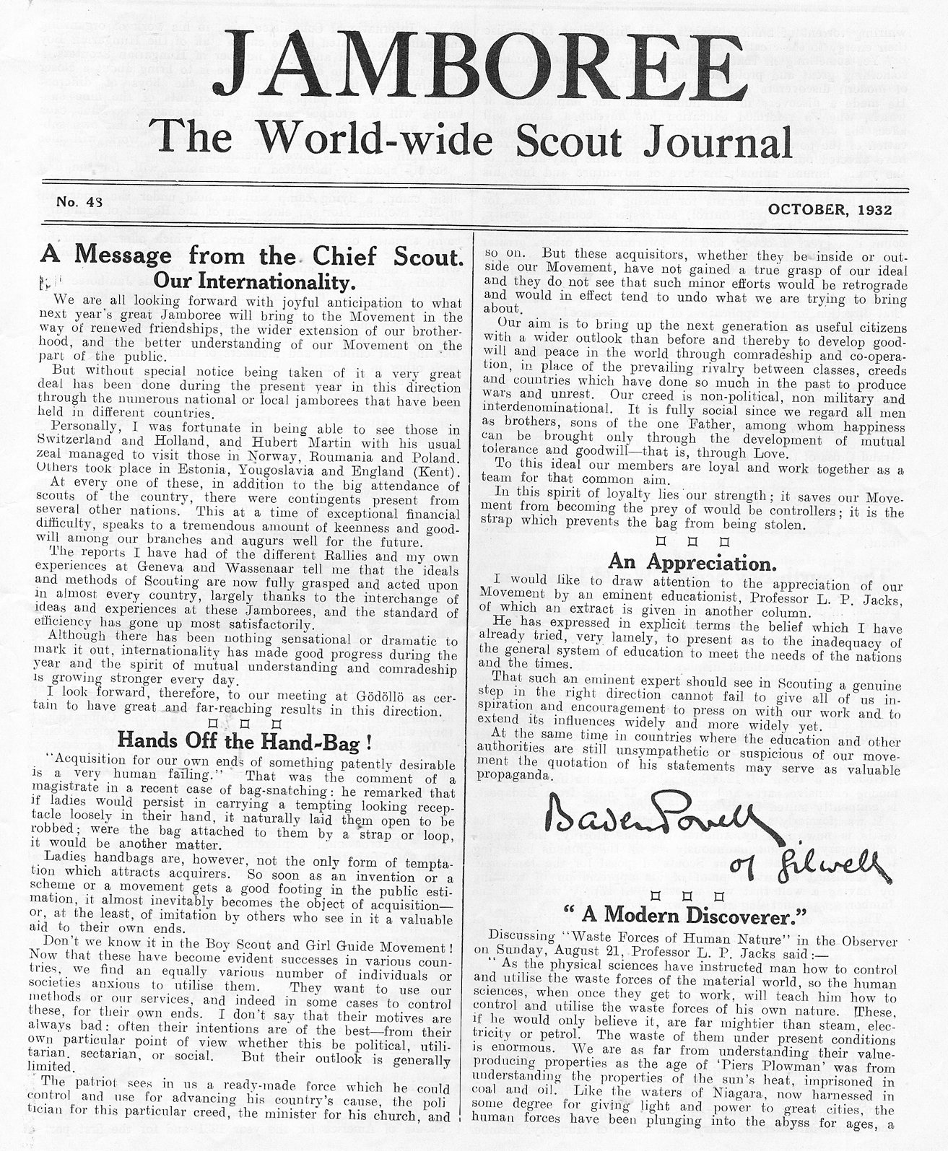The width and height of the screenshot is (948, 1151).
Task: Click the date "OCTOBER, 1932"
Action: coord(830,210)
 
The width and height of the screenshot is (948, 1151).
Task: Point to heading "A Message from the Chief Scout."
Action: coord(251,255)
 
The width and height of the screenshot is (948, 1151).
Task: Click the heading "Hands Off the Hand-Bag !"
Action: coord(245,740)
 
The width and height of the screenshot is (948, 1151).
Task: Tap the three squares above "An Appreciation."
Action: coord(692,541)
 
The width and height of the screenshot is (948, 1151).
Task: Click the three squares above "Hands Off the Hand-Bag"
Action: coord(244,723)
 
